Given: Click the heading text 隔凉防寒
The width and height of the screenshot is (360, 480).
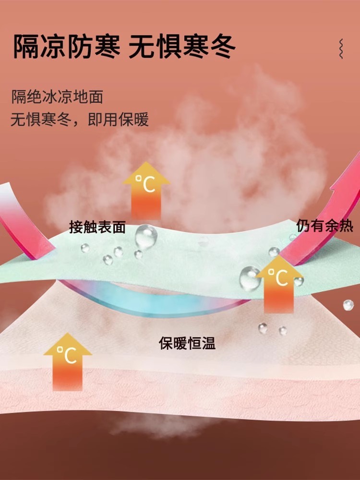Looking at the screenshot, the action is (x=66, y=47).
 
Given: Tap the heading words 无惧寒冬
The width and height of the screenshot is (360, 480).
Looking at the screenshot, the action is (x=182, y=47).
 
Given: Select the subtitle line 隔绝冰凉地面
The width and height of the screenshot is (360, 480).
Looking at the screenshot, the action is (x=57, y=97).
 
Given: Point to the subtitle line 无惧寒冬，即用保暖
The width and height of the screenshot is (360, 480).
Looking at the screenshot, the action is (x=80, y=119).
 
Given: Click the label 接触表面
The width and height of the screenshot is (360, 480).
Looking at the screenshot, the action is (x=97, y=227).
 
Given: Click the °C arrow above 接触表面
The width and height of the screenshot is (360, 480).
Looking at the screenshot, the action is (x=146, y=190).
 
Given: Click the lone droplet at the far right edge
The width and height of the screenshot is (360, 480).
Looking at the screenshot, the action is (x=348, y=305).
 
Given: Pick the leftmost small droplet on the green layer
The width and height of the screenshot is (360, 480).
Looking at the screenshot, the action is (x=85, y=248).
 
